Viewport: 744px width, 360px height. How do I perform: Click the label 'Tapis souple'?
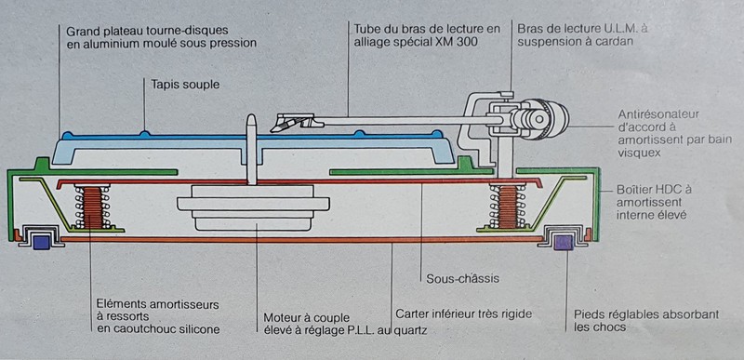[x=185, y=86]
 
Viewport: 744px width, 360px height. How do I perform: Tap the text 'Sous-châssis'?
[x=462, y=278]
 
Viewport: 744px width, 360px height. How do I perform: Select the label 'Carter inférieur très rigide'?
[x=463, y=313]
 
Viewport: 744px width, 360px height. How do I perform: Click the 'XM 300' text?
[x=456, y=42]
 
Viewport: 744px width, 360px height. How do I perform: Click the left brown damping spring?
[x=92, y=207]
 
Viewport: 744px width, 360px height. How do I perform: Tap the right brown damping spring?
[x=508, y=207]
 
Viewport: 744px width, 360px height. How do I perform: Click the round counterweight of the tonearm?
[x=545, y=119]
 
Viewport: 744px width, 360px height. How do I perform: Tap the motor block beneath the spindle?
[x=253, y=207]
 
